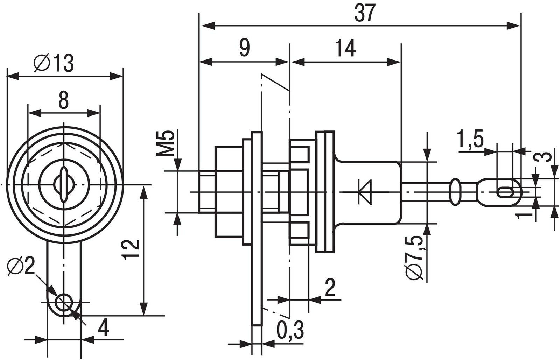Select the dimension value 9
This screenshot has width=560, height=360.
[245, 48]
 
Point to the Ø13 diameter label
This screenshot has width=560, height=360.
[54, 63]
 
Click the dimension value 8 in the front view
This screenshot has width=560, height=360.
[63, 100]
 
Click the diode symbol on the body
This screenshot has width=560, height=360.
[367, 191]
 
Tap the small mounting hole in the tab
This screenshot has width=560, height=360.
[64, 301]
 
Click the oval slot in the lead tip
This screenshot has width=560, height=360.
[505, 192]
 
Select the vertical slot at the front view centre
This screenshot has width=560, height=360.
[64, 184]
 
